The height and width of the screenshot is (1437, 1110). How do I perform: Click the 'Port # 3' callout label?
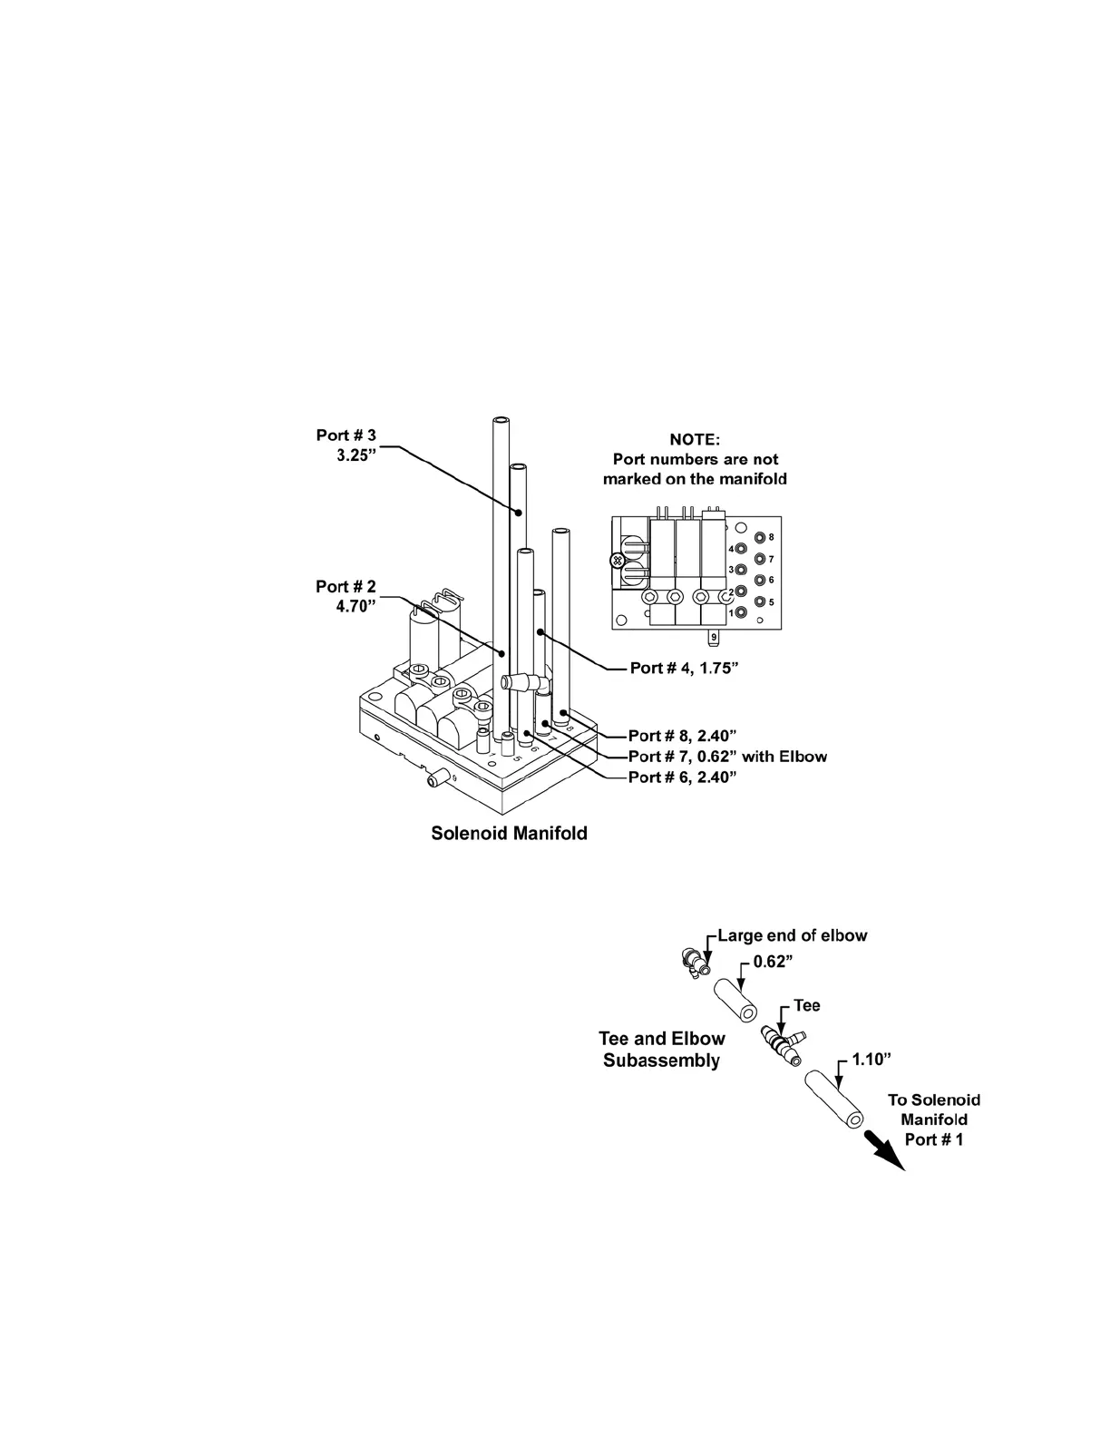coord(346,435)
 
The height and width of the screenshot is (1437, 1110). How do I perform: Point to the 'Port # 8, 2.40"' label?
coord(681,736)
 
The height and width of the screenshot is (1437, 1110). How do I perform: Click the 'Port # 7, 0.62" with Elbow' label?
coord(727,757)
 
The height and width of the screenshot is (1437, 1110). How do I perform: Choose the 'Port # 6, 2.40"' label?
coord(681,777)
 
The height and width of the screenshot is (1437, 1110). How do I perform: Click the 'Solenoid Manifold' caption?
coord(509,833)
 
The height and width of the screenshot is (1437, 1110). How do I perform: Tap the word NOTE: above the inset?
coord(695,440)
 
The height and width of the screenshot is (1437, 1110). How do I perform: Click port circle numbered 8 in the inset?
coord(760,538)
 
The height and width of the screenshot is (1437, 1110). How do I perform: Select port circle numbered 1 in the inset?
coord(742,613)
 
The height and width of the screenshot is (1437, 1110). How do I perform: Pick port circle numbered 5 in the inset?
coord(760,601)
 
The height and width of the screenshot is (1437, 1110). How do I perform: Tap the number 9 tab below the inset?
coord(715,637)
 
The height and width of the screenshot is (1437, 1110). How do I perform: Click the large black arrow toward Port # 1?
coord(884,1150)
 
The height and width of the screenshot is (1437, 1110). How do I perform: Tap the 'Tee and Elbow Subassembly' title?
coord(662,1050)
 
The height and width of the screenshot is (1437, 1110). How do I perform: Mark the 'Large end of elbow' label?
coord(792,935)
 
